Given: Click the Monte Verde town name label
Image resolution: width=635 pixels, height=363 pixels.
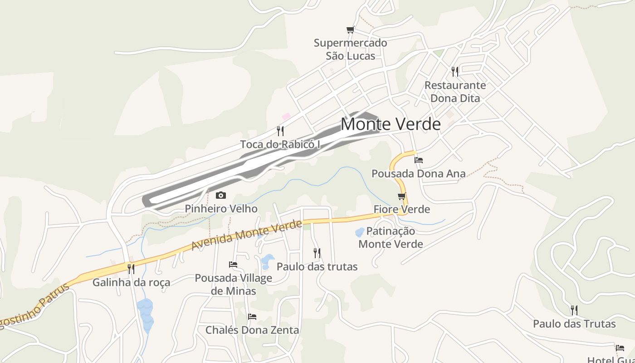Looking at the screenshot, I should (391, 124).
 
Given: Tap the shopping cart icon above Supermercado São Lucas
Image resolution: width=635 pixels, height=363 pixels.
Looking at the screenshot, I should (350, 30).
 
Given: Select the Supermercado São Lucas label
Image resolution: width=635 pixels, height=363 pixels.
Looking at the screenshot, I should (351, 49).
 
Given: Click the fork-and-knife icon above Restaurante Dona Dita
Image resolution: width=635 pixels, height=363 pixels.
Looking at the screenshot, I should (455, 71).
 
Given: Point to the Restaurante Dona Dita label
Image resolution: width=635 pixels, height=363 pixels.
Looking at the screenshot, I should (455, 92).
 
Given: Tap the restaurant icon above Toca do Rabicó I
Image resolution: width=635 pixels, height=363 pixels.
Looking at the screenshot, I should (280, 131).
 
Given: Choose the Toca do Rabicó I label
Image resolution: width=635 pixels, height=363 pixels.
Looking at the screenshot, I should (280, 144).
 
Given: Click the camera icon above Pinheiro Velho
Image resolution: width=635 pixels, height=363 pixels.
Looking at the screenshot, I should (221, 196).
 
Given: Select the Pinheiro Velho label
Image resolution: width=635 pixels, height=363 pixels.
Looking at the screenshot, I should (221, 209).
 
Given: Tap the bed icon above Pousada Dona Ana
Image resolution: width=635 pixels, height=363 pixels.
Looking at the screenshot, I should (419, 160).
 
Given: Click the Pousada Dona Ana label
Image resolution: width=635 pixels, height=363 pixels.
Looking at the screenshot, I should (419, 173).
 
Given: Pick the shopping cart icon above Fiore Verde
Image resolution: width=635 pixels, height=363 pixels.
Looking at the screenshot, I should (401, 196).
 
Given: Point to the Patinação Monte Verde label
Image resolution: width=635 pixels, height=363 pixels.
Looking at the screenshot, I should (391, 237).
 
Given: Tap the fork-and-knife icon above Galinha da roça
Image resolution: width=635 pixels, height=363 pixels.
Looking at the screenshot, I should (131, 269).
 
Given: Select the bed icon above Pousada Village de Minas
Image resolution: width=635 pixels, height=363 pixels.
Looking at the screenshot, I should (233, 264).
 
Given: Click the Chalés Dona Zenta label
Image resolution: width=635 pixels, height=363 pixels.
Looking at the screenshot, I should (252, 330).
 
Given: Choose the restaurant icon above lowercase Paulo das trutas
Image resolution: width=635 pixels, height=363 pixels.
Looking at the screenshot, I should (317, 253).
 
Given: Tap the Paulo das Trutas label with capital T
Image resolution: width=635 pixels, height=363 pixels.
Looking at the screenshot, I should (574, 324).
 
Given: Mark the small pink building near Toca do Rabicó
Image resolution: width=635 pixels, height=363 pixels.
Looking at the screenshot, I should (286, 117).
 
